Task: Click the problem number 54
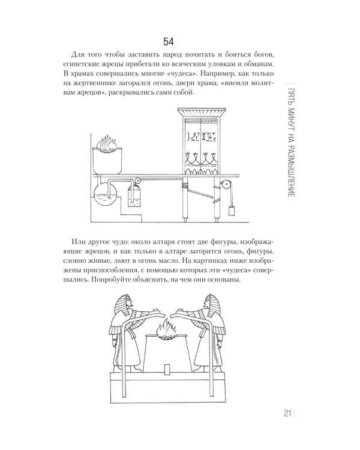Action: [169, 42]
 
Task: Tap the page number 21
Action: [287, 413]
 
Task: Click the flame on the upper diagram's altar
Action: [107, 143]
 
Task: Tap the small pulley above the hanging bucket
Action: [138, 181]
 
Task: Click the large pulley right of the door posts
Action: [226, 184]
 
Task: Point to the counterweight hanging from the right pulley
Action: [232, 211]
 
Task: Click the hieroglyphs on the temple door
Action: [201, 137]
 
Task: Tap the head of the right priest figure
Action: [212, 304]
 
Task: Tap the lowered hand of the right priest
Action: [220, 343]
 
